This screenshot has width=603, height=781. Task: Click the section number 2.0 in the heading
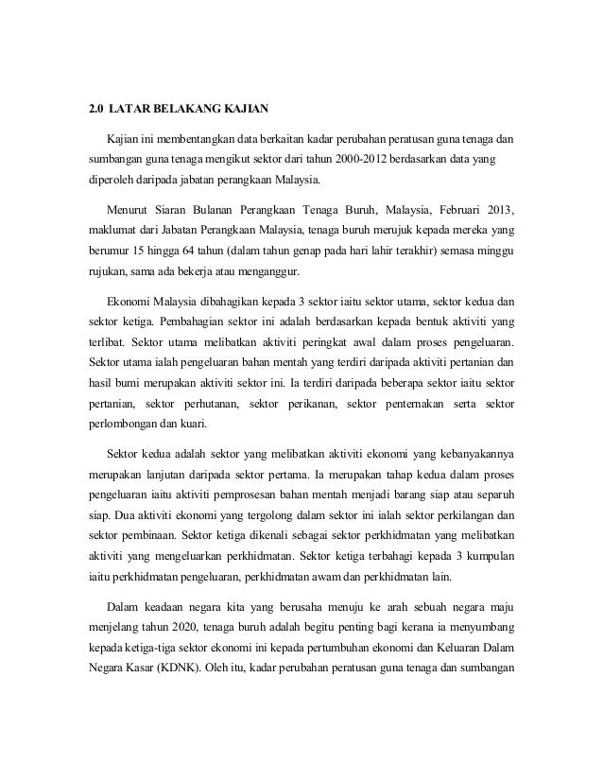pos(95,108)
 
